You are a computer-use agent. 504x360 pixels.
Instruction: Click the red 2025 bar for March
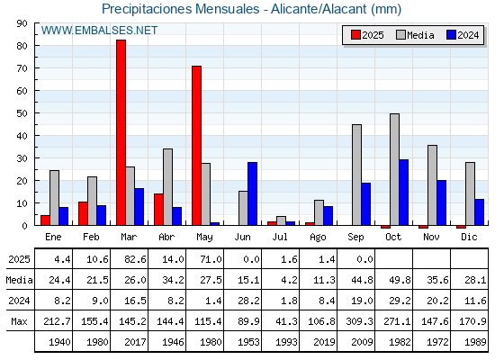click(x=121, y=132)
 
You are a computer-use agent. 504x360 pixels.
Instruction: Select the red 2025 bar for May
click(x=197, y=146)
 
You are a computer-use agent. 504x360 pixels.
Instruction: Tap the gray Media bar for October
click(x=395, y=169)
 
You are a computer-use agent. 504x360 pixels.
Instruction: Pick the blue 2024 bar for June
click(x=252, y=193)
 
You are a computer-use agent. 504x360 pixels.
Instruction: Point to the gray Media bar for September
click(x=356, y=175)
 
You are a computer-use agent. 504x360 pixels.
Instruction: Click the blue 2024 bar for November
click(x=442, y=202)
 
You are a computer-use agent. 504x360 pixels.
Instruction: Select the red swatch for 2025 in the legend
click(x=355, y=35)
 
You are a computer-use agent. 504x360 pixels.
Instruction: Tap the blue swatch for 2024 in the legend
click(x=451, y=35)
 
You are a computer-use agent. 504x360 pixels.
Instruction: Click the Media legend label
click(x=420, y=35)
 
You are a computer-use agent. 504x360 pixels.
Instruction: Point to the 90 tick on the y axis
click(x=22, y=23)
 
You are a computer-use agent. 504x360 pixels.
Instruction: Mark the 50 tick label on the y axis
click(x=22, y=113)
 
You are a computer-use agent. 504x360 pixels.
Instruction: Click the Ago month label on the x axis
click(x=318, y=238)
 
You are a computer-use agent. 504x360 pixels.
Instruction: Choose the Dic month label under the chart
click(x=469, y=237)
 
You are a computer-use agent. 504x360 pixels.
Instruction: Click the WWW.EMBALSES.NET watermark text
click(x=99, y=31)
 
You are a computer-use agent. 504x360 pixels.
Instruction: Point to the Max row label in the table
click(x=19, y=321)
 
